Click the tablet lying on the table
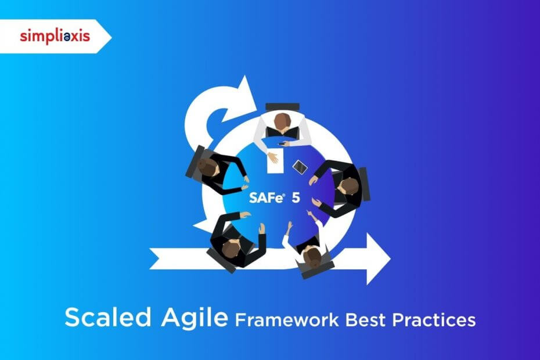coord(300,166)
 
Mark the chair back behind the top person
coord(282,107)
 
